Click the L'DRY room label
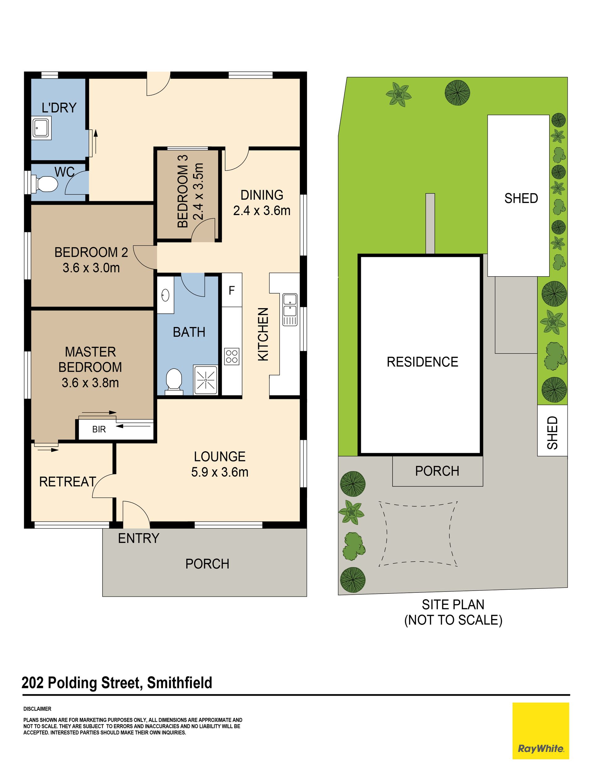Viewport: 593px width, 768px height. pos(59,107)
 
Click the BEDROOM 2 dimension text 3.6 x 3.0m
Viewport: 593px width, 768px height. pos(91,268)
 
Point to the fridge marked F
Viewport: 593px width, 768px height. pos(232,290)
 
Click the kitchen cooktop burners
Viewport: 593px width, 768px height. pos(232,356)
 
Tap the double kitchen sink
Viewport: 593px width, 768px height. pos(290,309)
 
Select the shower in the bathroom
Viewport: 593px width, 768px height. pos(205,380)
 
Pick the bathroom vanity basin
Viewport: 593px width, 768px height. pos(166,295)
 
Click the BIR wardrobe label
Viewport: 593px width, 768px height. pos(99,429)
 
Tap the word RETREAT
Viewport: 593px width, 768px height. pos(68,482)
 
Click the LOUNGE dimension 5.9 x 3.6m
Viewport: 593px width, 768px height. pos(220,472)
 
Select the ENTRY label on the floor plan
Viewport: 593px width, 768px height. pos(138,538)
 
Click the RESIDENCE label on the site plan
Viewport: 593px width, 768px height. pos(423,362)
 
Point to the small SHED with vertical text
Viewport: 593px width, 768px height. pos(552,431)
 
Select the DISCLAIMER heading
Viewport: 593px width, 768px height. pos(37,709)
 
